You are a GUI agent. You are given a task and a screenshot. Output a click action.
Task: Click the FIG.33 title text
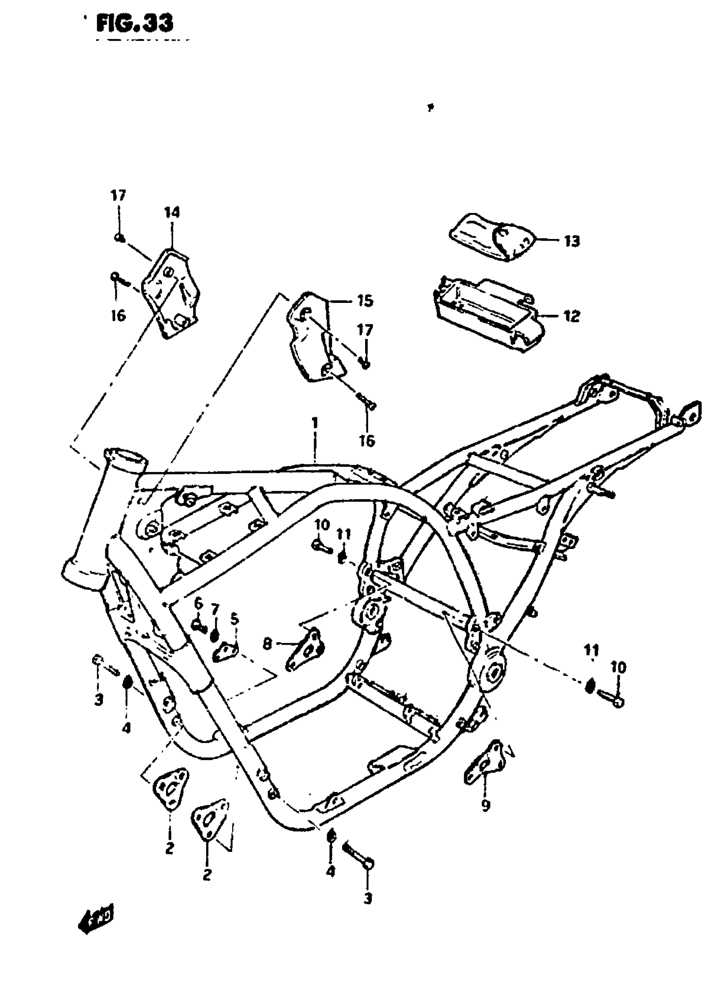(x=134, y=23)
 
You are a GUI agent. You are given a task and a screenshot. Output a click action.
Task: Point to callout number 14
(x=172, y=213)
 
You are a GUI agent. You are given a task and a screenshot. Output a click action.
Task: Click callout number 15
(x=365, y=301)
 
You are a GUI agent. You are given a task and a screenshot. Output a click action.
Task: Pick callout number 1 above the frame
(x=315, y=423)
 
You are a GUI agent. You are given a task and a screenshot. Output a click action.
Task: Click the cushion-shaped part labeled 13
(x=493, y=238)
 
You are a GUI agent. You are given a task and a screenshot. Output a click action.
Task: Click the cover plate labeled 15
(x=313, y=337)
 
